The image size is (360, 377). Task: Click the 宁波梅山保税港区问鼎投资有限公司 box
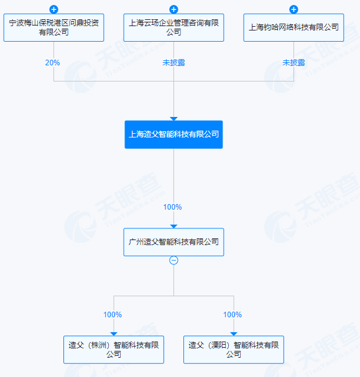(53, 27)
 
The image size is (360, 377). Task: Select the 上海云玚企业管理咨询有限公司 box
(173, 27)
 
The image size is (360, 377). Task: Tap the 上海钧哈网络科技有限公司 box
(293, 27)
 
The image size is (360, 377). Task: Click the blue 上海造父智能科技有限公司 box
(173, 134)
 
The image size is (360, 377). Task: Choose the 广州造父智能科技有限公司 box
(173, 242)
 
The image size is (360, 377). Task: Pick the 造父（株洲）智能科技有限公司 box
(114, 350)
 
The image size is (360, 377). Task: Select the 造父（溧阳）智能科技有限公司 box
(234, 350)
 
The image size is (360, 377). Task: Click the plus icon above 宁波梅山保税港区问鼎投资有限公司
(53, 9)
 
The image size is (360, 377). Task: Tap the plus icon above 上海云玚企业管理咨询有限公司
(173, 9)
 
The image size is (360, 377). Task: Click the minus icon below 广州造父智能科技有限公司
(173, 260)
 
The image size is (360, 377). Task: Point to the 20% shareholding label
(52, 63)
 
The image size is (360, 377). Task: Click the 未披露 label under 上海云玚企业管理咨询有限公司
(173, 63)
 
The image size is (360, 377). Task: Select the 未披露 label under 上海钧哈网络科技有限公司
(293, 63)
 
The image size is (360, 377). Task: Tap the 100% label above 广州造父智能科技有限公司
(172, 207)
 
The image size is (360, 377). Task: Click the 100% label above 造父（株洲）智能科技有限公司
(113, 315)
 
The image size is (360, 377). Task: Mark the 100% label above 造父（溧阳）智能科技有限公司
(233, 315)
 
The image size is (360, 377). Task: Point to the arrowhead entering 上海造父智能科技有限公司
(173, 119)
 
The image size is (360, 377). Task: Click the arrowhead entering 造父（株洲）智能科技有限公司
(114, 334)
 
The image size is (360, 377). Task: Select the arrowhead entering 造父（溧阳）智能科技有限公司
(234, 334)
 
